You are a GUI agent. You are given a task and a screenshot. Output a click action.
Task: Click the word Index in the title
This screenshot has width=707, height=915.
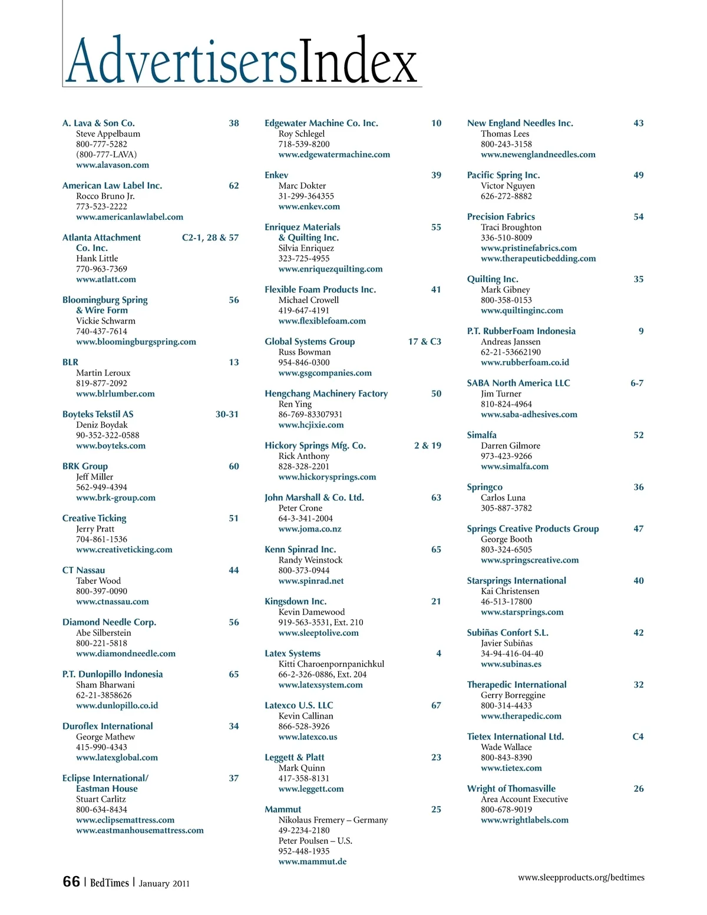(x=358, y=61)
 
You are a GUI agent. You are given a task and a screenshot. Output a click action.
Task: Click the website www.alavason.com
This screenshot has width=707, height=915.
(x=113, y=165)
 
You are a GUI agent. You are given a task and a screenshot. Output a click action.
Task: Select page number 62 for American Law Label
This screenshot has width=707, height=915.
(x=234, y=186)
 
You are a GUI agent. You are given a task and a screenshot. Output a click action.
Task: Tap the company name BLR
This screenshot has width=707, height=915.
(x=70, y=362)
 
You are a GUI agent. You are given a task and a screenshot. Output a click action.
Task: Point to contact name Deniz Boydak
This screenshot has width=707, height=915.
(x=102, y=425)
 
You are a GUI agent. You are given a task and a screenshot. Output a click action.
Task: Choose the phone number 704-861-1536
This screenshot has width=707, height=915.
(x=101, y=539)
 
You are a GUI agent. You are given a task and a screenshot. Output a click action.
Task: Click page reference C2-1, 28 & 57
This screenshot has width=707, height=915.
(x=210, y=237)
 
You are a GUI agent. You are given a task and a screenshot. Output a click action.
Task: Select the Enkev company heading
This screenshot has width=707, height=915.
(x=276, y=175)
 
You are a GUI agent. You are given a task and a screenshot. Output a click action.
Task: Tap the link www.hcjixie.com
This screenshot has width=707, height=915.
(x=311, y=425)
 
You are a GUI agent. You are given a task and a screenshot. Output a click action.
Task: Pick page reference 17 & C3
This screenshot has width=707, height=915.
(x=424, y=342)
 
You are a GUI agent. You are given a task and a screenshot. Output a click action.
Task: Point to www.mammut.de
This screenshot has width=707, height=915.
(x=312, y=861)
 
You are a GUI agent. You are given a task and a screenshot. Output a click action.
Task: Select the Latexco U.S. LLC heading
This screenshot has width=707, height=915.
(x=299, y=705)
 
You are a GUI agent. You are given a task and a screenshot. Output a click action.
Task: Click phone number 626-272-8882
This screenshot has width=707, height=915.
(x=506, y=196)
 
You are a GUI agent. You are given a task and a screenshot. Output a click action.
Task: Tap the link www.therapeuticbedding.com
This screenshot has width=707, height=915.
(x=538, y=259)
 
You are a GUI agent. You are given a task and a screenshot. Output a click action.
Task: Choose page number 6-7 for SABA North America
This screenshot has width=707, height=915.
(x=637, y=383)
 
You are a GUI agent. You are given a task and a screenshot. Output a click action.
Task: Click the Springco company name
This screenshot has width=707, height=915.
(x=484, y=487)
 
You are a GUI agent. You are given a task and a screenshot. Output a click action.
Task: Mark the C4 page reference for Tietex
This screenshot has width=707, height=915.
(x=638, y=736)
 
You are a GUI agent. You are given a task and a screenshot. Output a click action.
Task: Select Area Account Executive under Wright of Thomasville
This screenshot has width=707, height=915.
(x=524, y=800)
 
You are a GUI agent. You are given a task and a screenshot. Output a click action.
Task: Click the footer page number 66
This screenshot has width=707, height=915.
(x=71, y=882)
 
